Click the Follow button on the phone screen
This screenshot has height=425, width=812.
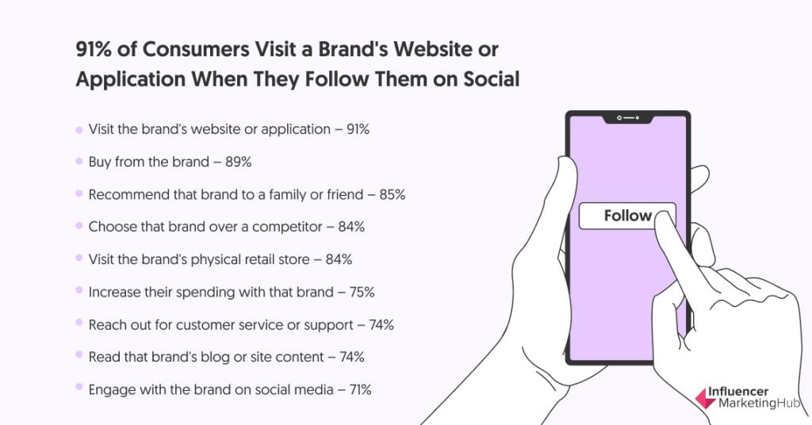point(626,216)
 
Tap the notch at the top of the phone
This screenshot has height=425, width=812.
point(628,119)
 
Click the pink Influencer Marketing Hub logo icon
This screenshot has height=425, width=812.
point(705,398)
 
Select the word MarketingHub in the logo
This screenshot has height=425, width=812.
point(759,404)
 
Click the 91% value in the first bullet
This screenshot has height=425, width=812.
point(358,129)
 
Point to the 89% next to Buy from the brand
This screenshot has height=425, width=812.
point(238,162)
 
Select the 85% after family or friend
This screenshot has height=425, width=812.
point(392,194)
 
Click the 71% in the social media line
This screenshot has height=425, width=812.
point(361,389)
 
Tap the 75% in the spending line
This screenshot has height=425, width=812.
point(362,292)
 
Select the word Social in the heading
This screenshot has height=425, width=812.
point(491,79)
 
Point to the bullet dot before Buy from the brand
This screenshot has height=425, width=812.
point(79,162)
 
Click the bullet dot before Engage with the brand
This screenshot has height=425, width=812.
point(79,387)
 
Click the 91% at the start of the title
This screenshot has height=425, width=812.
point(94,50)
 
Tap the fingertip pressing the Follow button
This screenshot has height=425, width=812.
point(665,224)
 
